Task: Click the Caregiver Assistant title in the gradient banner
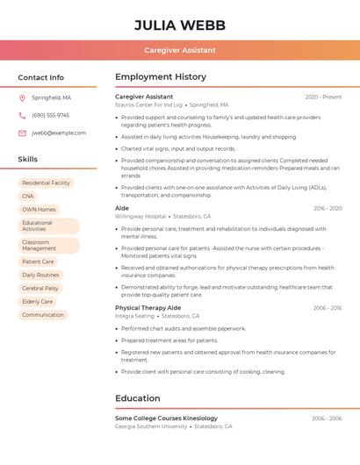coord(179,50)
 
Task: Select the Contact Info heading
coord(40,77)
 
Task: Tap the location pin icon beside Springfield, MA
coord(22,97)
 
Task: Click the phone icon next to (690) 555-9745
coord(22,115)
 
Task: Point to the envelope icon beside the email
coord(22,132)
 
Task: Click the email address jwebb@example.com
coord(59,132)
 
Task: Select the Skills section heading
coord(28,160)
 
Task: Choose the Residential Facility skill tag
coord(46,183)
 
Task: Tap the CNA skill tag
coord(28,197)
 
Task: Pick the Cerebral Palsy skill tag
coord(40,288)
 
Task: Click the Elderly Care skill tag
coord(37,301)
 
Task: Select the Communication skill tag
coord(43,314)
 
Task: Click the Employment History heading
coord(161,77)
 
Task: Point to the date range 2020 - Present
coord(323,97)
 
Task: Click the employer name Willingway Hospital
coord(140,216)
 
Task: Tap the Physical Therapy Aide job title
coord(148,308)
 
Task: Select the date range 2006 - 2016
coord(327,308)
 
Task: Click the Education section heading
coord(138,398)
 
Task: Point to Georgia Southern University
coord(151,426)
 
